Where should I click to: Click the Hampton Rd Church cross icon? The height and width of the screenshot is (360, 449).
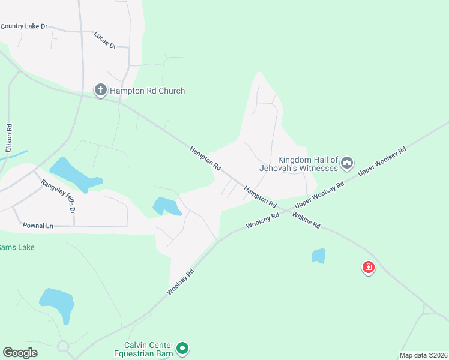point(100,91)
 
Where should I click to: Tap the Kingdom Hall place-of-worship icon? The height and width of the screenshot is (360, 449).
point(347,163)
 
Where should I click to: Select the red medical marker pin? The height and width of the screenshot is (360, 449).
point(368,267)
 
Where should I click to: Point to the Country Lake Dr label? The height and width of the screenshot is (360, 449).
point(24,26)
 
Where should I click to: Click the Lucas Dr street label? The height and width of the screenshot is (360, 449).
point(104,40)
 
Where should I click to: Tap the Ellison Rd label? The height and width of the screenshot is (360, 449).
point(9,137)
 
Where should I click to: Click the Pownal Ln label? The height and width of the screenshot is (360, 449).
point(38,226)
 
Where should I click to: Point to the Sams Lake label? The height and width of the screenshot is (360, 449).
point(17,247)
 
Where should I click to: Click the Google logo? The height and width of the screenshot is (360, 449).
point(20,353)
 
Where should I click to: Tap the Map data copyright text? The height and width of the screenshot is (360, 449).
point(423,355)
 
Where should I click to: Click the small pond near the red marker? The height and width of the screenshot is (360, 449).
point(318,256)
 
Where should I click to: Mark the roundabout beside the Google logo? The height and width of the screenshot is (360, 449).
point(63,346)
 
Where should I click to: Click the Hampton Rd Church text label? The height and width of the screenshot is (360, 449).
point(147,91)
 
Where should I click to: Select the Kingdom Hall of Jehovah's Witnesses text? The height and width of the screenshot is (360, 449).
point(299,164)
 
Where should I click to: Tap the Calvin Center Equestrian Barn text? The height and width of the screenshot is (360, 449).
point(149,349)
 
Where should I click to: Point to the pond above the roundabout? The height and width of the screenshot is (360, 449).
point(57,302)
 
